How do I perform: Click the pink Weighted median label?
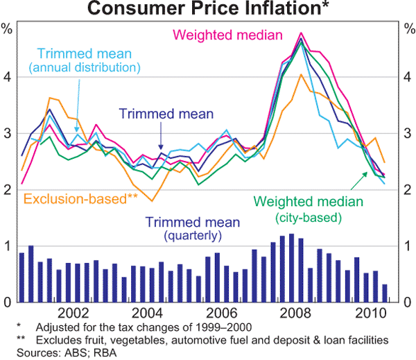(x=228, y=35)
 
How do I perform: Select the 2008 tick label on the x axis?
(x=300, y=312)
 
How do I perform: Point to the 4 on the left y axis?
(x=7, y=77)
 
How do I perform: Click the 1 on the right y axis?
(x=409, y=246)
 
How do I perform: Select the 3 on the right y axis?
(x=409, y=133)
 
